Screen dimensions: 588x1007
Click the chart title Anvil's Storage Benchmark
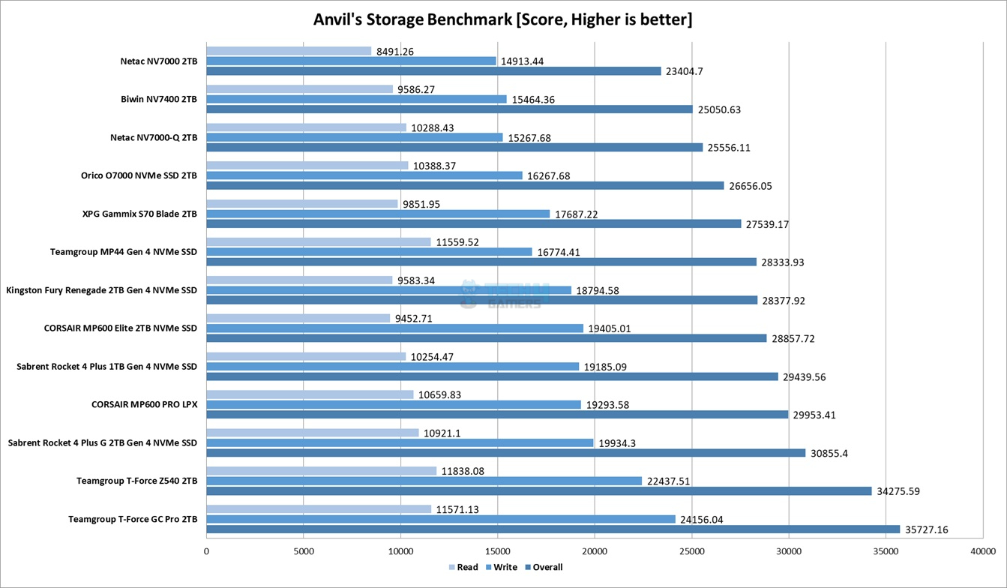[x=502, y=19]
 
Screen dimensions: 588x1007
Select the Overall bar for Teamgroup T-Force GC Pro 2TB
[x=553, y=529]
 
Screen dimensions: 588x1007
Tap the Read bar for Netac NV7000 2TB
[x=289, y=51]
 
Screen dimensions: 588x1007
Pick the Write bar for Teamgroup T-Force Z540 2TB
[x=424, y=481]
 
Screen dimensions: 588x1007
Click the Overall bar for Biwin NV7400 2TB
[x=449, y=109]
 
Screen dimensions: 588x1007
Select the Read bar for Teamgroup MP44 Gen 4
[x=319, y=242]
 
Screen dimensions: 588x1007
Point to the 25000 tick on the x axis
[x=691, y=551]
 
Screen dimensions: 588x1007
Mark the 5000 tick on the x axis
[x=303, y=551]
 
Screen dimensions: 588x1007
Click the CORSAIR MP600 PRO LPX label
[x=144, y=404]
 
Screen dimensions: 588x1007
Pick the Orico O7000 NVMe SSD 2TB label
[x=139, y=175]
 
